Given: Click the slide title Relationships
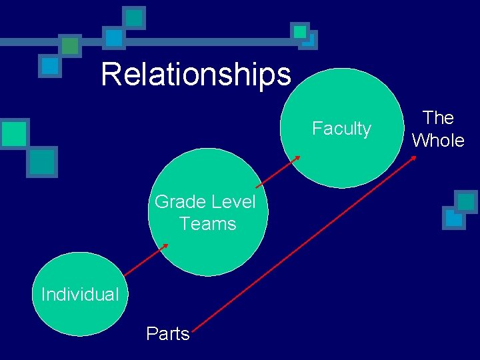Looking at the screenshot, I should pyautogui.click(x=196, y=75).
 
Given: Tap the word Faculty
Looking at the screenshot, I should pyautogui.click(x=341, y=128).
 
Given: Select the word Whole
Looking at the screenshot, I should pyautogui.click(x=438, y=140).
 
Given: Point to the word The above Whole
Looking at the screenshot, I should pyautogui.click(x=438, y=118).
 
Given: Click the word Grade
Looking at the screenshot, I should pyautogui.click(x=179, y=201).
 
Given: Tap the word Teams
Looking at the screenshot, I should pyautogui.click(x=208, y=223).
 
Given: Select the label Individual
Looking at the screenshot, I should pyautogui.click(x=80, y=294).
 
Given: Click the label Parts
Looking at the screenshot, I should pyautogui.click(x=168, y=333).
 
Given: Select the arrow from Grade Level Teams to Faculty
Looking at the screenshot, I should pyautogui.click(x=277, y=171).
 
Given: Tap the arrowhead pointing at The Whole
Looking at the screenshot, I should pyautogui.click(x=414, y=158).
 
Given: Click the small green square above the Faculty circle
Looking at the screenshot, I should pyautogui.click(x=300, y=31).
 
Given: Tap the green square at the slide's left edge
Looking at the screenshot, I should pyautogui.click(x=13, y=133).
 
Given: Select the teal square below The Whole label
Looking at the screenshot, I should pyautogui.click(x=465, y=201).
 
